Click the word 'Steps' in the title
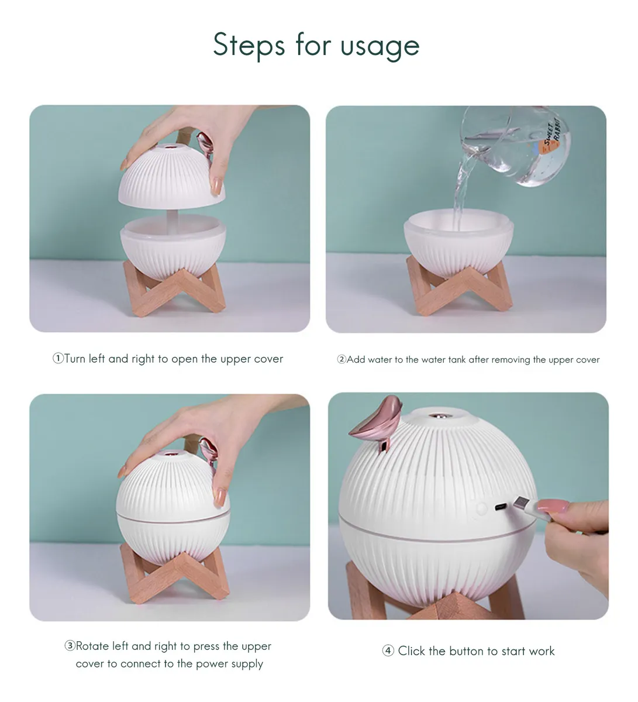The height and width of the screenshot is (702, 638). tap(249, 45)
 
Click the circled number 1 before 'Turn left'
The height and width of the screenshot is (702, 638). tap(58, 358)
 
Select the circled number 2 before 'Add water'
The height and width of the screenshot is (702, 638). tap(342, 359)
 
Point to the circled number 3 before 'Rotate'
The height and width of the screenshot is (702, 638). tap(70, 646)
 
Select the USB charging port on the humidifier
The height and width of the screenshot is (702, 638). tap(500, 507)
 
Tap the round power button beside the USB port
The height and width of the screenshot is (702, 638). tap(481, 508)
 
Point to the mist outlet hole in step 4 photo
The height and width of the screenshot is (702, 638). tap(439, 416)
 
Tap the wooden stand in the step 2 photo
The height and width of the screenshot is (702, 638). tap(459, 287)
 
